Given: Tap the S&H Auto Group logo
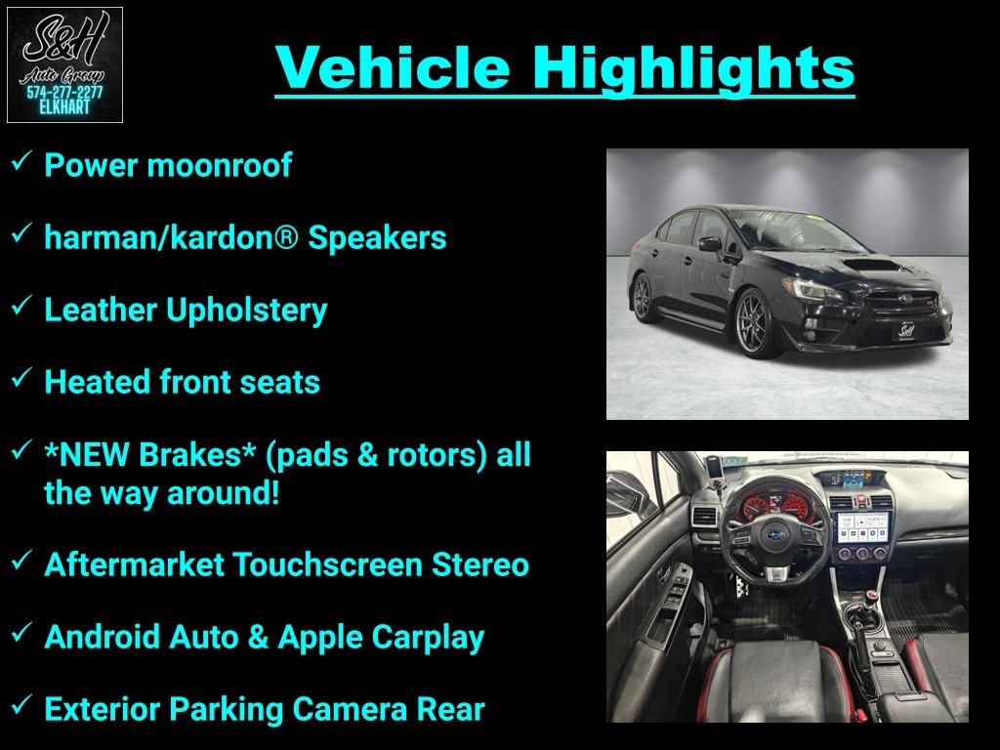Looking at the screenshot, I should (64, 64).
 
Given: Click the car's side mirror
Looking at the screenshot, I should (710, 244).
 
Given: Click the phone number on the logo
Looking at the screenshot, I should (64, 93).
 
